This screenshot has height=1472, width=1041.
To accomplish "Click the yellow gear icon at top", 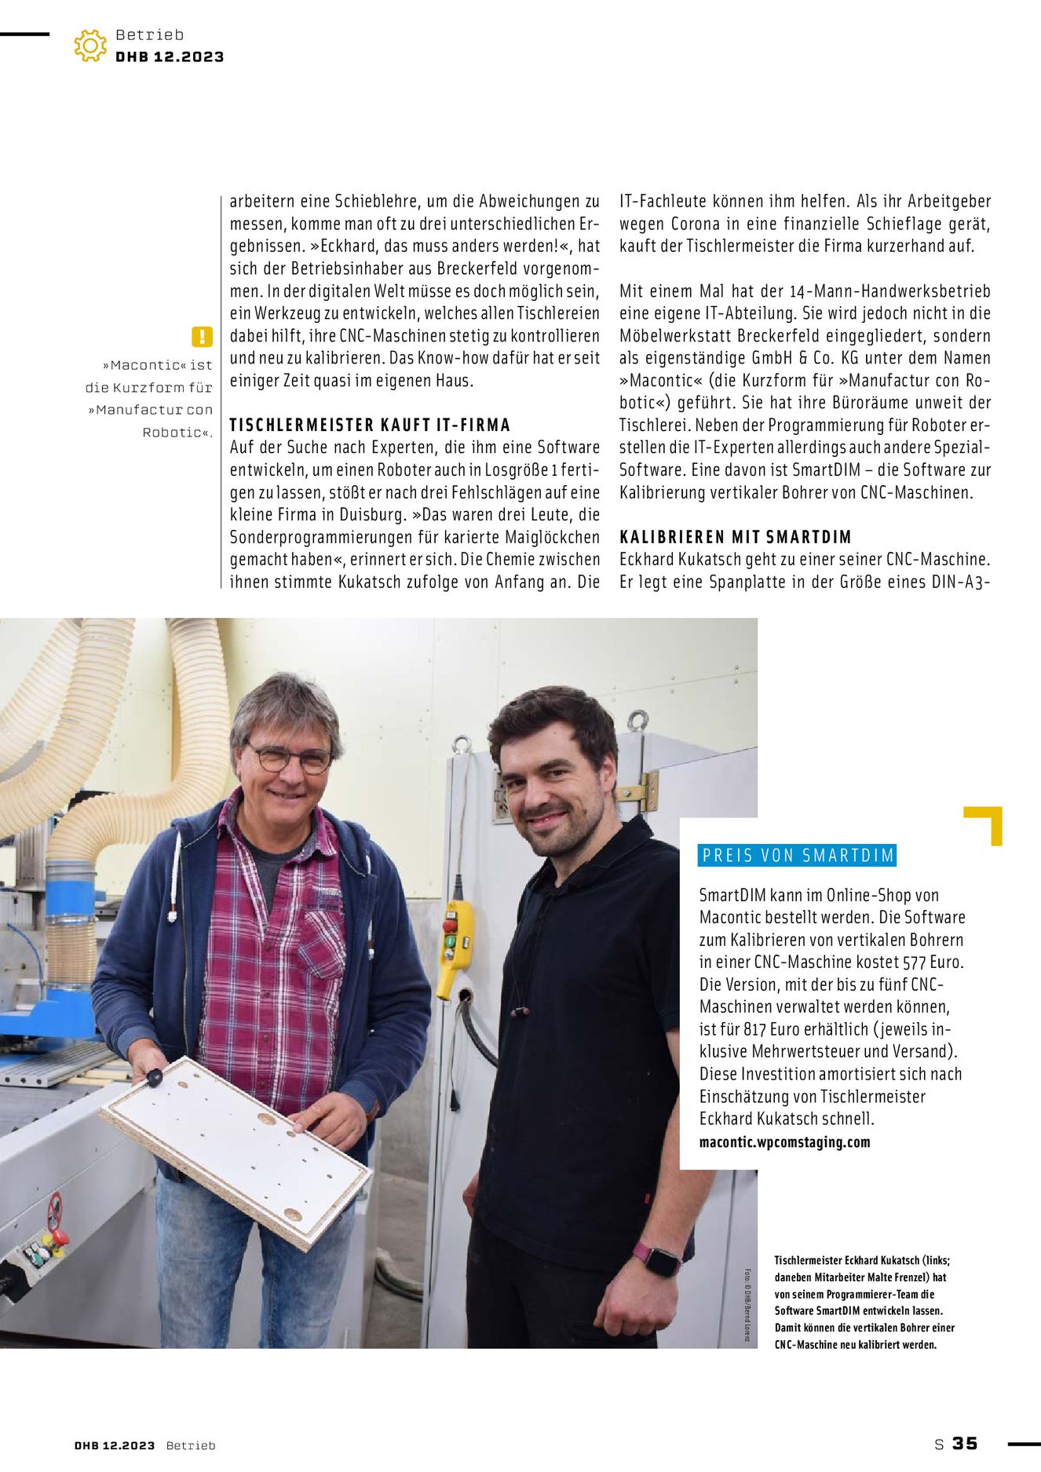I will pyautogui.click(x=90, y=46).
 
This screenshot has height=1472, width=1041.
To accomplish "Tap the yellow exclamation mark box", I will pyautogui.click(x=202, y=337).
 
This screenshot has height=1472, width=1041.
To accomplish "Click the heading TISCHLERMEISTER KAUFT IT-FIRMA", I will pyautogui.click(x=370, y=425).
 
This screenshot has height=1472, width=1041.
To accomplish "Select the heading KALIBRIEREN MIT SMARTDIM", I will pyautogui.click(x=736, y=537).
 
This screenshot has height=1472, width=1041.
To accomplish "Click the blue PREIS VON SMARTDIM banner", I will pyautogui.click(x=797, y=855).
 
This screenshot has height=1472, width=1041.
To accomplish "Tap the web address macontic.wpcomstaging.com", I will pyautogui.click(x=784, y=1141).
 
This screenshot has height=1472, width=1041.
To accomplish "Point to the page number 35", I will pyautogui.click(x=965, y=1443).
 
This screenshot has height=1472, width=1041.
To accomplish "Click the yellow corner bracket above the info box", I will pyautogui.click(x=985, y=824).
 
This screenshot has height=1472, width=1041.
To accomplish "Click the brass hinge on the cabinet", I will pyautogui.click(x=644, y=791).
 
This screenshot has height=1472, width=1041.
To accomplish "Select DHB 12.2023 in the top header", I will pyautogui.click(x=170, y=57).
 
